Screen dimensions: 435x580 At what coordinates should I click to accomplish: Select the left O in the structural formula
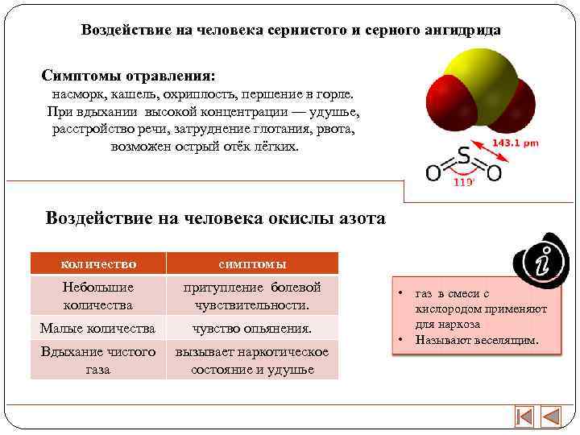(x=433, y=172)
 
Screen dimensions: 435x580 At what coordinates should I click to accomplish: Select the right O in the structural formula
(x=494, y=172)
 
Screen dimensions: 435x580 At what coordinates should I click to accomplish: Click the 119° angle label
(x=464, y=182)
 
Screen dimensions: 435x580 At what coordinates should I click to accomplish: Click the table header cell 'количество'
(x=98, y=263)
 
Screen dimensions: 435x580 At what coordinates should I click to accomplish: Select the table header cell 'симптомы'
(x=252, y=263)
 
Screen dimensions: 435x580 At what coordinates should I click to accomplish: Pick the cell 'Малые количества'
(x=98, y=328)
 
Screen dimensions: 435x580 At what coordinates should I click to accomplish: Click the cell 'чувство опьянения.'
(x=252, y=328)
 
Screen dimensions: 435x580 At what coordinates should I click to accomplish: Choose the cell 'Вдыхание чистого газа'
(x=98, y=361)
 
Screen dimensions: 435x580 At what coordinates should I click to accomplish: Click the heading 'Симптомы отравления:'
(x=129, y=76)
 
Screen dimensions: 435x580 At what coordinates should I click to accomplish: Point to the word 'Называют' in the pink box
(x=440, y=339)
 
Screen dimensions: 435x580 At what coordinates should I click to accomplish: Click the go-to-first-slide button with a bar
(x=524, y=417)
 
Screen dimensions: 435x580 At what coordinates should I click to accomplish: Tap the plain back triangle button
(x=552, y=417)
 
